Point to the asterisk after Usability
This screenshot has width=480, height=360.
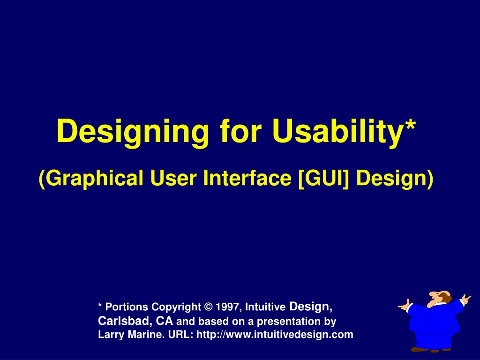(x=411, y=126)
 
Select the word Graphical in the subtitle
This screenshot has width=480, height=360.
(x=90, y=178)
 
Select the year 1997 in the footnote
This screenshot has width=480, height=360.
(x=228, y=307)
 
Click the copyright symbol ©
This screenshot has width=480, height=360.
(x=209, y=307)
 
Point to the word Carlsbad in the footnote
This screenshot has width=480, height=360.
(x=122, y=321)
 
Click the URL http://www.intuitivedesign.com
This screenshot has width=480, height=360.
(x=275, y=335)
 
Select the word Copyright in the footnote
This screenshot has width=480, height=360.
(x=176, y=307)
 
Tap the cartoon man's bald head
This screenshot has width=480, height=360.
(x=442, y=295)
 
